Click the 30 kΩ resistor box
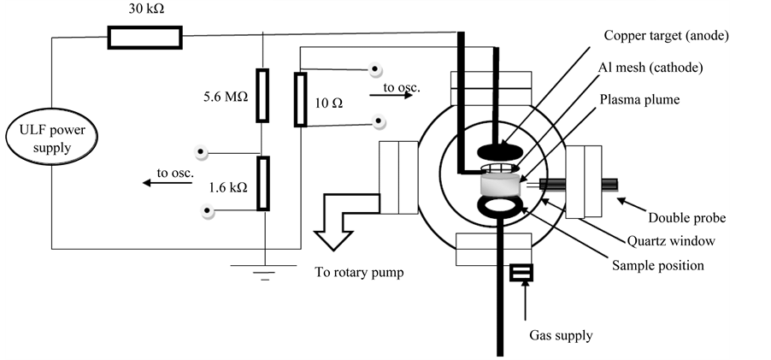(144, 37)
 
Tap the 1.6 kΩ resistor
(262, 183)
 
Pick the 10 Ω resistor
(300, 100)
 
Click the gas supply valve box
(521, 273)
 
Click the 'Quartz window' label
(670, 241)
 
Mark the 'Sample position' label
(657, 265)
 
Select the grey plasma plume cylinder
(500, 183)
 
